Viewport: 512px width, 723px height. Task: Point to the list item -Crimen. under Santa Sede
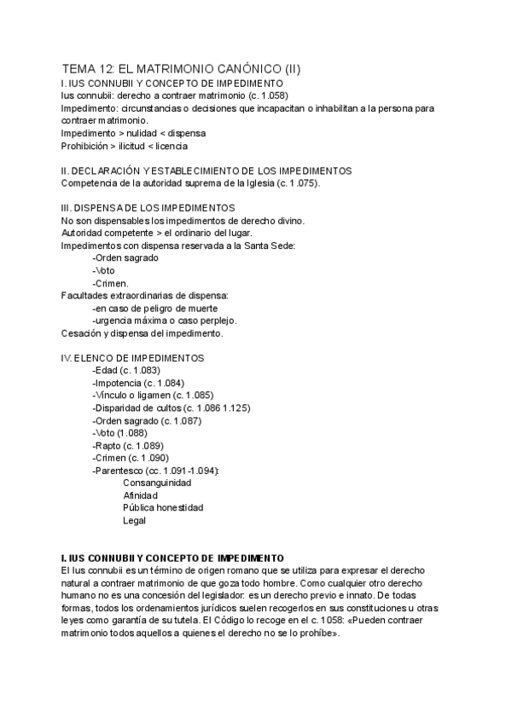pos(111,283)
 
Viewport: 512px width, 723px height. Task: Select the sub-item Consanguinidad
pos(157,483)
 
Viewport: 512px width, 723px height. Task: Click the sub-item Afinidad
pos(141,495)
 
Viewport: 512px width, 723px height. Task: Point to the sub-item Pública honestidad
pos(163,507)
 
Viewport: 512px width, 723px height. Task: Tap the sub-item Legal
pos(135,520)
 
